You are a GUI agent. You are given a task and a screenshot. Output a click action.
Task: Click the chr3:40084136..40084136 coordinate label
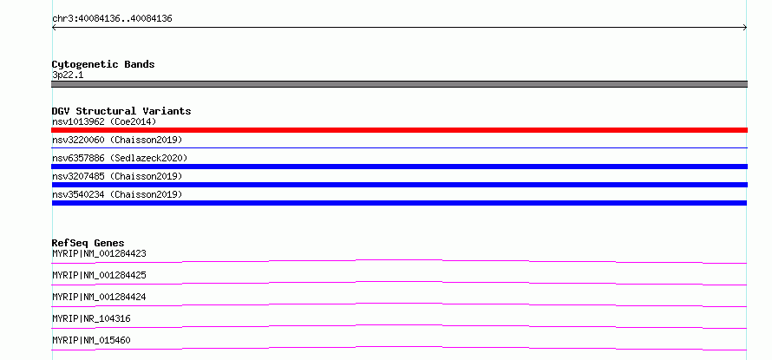click(112, 19)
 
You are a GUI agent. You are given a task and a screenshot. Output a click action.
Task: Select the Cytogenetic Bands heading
click(103, 64)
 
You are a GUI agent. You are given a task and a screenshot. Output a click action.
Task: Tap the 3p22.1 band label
click(68, 75)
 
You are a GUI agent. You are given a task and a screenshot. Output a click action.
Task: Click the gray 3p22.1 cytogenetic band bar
click(399, 84)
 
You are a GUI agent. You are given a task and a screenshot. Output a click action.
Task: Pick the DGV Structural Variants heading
click(121, 111)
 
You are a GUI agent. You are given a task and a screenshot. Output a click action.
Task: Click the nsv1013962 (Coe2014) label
click(104, 121)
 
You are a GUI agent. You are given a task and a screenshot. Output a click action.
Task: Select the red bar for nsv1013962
click(399, 130)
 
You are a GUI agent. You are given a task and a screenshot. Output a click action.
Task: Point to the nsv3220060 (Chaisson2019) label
click(117, 140)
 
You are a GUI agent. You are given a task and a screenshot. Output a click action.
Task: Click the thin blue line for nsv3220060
click(399, 147)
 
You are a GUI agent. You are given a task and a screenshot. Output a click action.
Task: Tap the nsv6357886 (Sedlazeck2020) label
click(120, 158)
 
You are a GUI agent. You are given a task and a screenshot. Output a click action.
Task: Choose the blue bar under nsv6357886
click(399, 167)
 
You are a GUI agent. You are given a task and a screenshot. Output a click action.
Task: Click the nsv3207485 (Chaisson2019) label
click(117, 176)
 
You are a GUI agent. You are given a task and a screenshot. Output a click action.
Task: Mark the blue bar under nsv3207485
click(399, 185)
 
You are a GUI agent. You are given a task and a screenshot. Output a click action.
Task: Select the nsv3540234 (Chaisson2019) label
click(117, 194)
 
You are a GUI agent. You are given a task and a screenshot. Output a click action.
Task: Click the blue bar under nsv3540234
click(399, 203)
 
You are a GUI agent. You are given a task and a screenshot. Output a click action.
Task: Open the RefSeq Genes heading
click(88, 243)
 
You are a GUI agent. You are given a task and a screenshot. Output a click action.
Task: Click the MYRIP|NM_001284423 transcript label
click(99, 253)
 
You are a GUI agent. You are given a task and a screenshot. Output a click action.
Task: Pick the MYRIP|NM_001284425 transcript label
click(99, 275)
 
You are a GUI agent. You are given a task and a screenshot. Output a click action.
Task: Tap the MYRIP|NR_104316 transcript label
click(91, 318)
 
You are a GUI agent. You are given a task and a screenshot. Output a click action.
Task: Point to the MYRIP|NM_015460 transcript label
click(91, 340)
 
